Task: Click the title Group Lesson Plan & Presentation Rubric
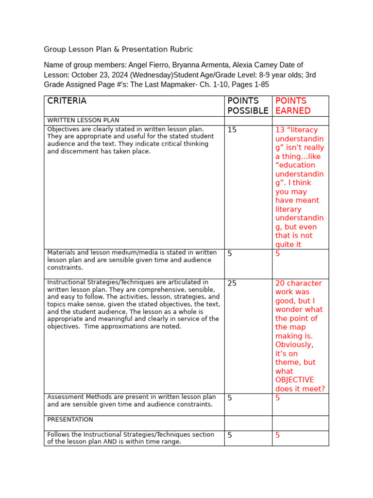tap(118, 49)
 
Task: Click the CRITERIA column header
tap(67, 101)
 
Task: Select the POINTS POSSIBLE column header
tap(248, 106)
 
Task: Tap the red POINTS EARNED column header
tap(293, 106)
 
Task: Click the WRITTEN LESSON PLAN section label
tap(83, 120)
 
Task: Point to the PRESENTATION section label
tap(70, 419)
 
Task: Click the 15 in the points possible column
tap(232, 130)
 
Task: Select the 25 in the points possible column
tap(232, 283)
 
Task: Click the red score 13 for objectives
tap(280, 130)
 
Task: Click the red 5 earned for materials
tap(278, 253)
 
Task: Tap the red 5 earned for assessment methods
tap(278, 398)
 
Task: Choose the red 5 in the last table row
tap(278, 435)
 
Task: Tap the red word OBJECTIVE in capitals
tap(295, 380)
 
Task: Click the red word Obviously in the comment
tap(294, 345)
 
